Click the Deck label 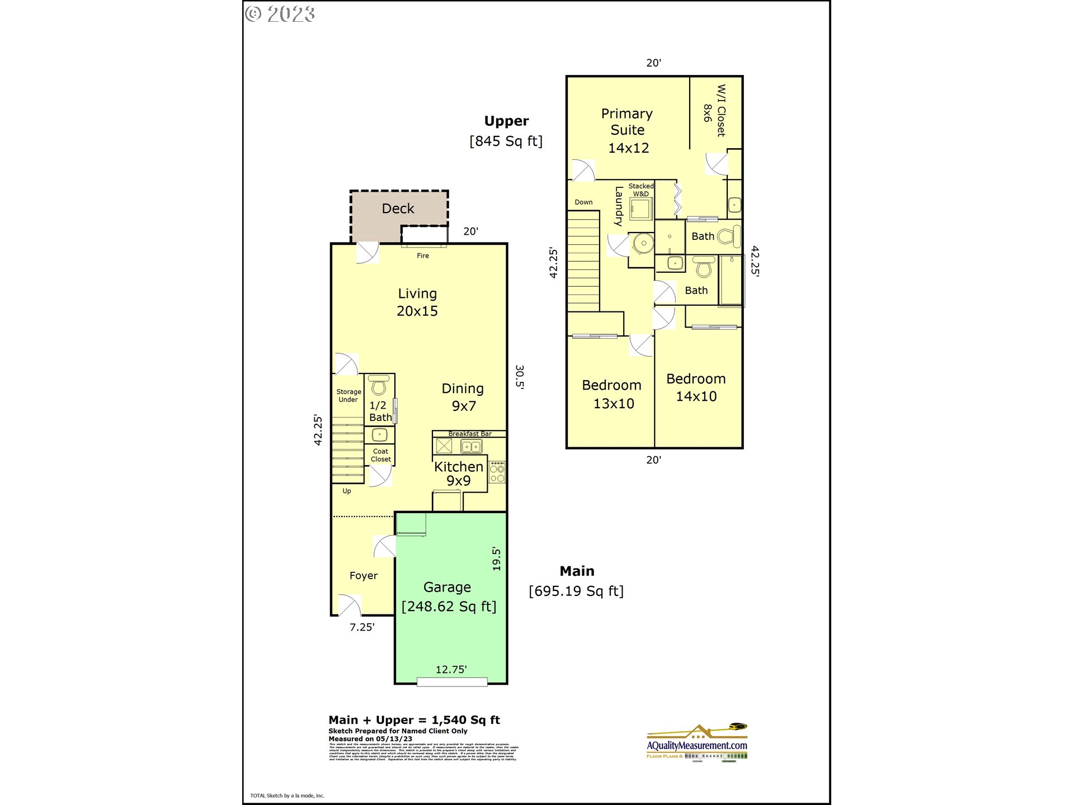(398, 209)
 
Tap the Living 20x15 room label (417, 302)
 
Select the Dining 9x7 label (463, 397)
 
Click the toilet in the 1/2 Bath (379, 385)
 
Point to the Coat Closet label (380, 455)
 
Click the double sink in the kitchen (471, 446)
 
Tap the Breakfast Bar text (470, 434)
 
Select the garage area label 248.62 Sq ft (449, 607)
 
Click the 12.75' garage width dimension (451, 669)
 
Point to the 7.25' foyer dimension (362, 627)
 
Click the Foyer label (364, 575)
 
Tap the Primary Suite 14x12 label (628, 131)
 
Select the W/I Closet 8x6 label (715, 111)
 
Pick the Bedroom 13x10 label (612, 394)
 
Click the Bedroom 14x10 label (696, 387)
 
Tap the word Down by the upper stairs (583, 202)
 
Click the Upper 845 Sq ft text (506, 131)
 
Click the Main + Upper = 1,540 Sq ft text (414, 720)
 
